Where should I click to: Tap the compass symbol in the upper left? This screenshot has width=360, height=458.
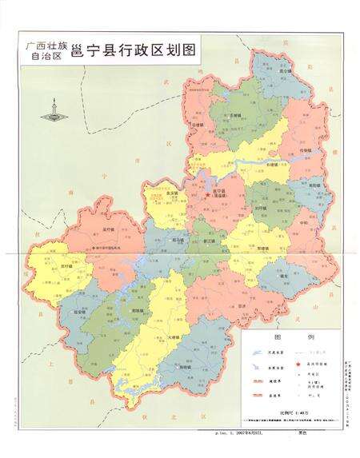point(54,110)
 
